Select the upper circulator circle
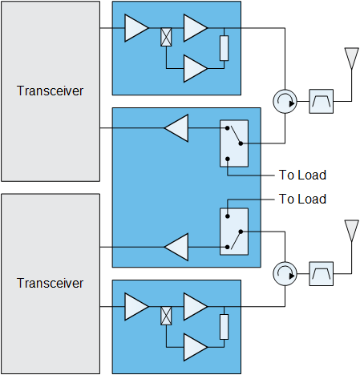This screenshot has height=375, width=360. tap(285, 102)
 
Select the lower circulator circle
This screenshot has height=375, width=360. tap(285, 274)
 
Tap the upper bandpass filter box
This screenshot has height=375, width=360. tap(321, 102)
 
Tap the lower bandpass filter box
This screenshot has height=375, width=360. tap(321, 274)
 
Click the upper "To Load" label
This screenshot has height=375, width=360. tap(302, 175)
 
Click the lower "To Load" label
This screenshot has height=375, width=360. tap(302, 199)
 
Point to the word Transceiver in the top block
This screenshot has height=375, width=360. tap(50, 91)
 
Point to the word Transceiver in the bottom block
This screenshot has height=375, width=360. tap(50, 283)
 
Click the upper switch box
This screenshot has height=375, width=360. tap(234, 143)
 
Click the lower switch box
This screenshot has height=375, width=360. tap(234, 232)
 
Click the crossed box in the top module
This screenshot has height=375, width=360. tap(166, 37)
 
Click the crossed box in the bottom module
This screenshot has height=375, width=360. tap(166, 316)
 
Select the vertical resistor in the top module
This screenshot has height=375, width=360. tap(224, 48)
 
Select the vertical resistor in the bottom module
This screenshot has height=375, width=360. tap(224, 327)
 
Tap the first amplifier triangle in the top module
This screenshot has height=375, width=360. tap(136, 28)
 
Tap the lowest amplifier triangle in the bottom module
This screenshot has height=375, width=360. tap(196, 347)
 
